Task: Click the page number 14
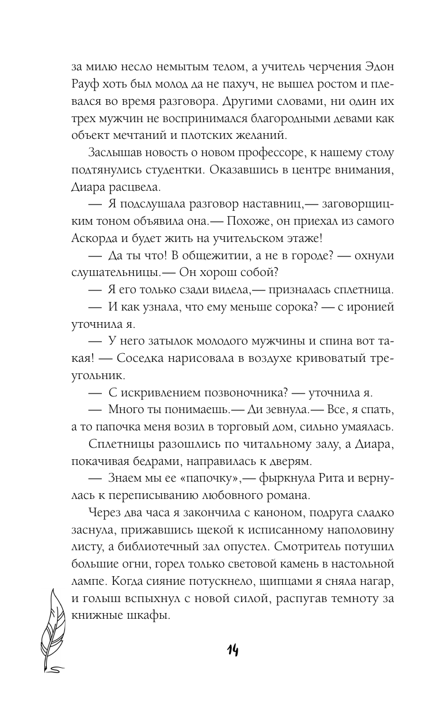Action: click(233, 650)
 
